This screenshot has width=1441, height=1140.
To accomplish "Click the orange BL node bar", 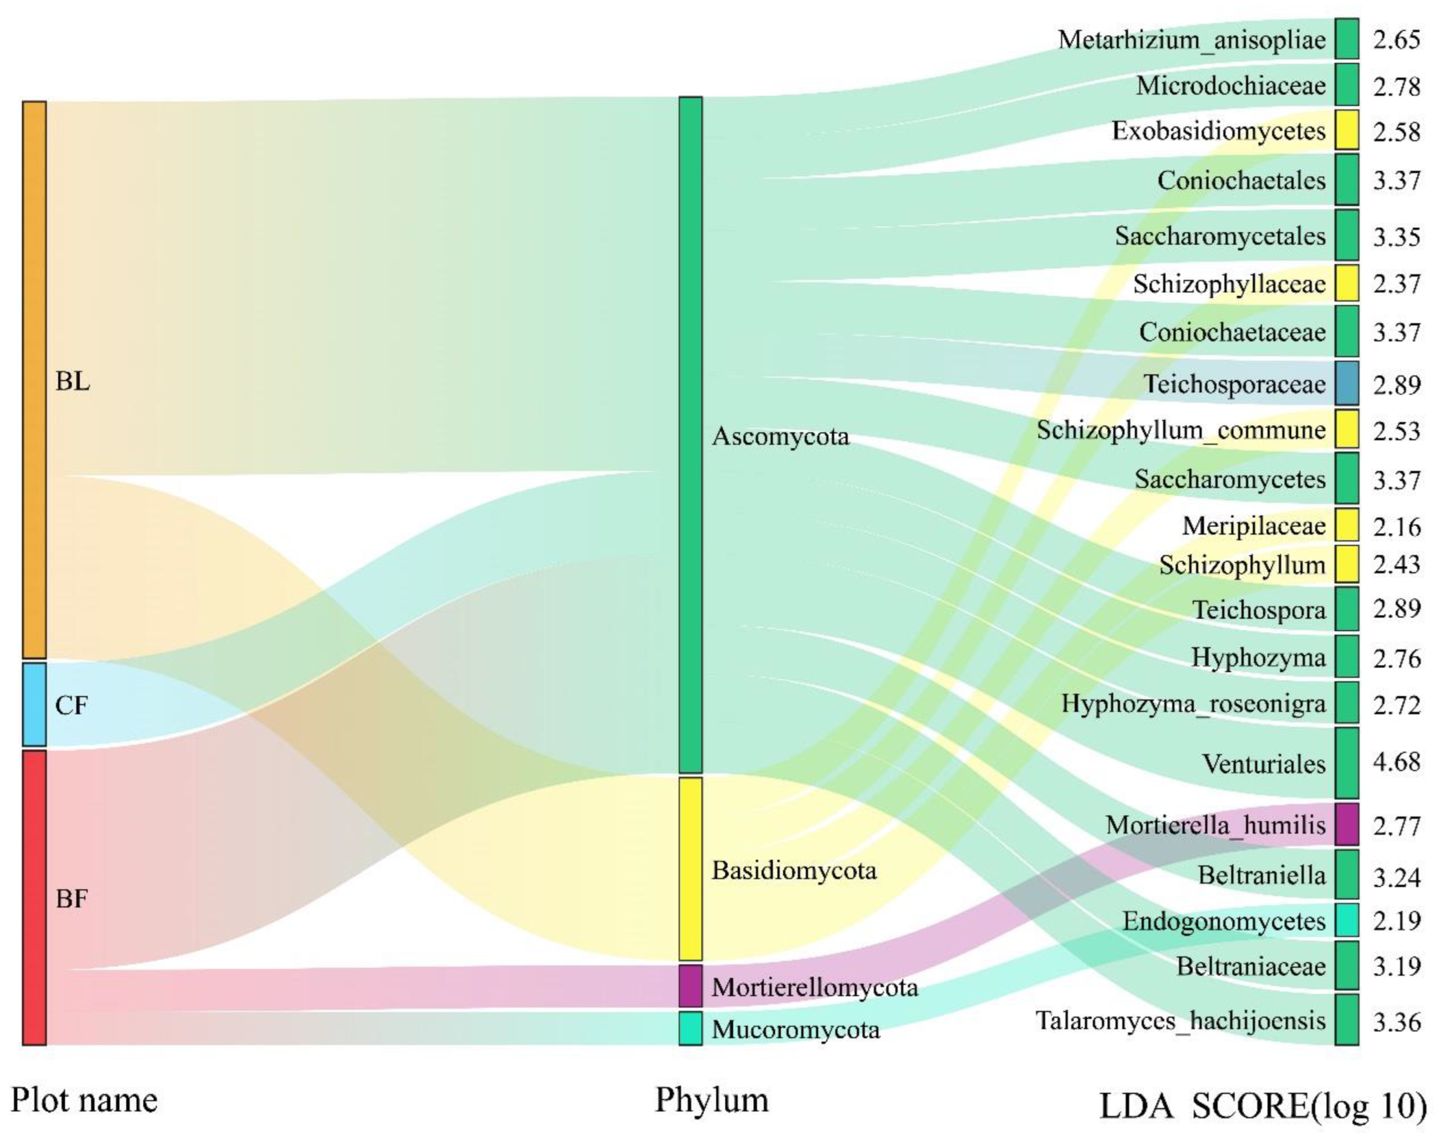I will coord(35,380).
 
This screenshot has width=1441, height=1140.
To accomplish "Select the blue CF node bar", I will coord(35,704).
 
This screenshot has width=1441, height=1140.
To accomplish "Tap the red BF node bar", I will coord(35,897).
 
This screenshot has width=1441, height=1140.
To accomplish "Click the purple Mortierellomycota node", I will coord(691,985).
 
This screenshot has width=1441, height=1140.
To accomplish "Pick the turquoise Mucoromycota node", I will coord(691,1028).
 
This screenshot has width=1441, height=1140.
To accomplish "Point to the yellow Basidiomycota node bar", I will coord(691,868).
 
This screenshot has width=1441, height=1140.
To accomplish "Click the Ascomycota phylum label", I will coord(780,437).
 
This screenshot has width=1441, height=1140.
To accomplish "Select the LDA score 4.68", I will coord(1397,761).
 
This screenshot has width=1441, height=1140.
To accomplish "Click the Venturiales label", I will coord(1264,764).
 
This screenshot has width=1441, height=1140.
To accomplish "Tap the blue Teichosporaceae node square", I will coord(1346,384).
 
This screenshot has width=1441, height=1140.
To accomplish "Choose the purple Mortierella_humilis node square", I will coord(1346,824).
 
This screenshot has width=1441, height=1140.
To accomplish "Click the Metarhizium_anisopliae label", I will coord(1192,40).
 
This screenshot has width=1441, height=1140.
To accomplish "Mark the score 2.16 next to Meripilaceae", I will coord(1397,527).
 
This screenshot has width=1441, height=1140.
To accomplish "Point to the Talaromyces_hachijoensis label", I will coord(1180,1020).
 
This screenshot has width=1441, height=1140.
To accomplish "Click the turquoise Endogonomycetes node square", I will coord(1346,920).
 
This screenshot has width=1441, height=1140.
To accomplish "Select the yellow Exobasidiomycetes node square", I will coord(1346,130).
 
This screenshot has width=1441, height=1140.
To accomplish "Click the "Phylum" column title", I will coord(711,1100).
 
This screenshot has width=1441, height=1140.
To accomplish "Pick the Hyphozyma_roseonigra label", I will coord(1193,703).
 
